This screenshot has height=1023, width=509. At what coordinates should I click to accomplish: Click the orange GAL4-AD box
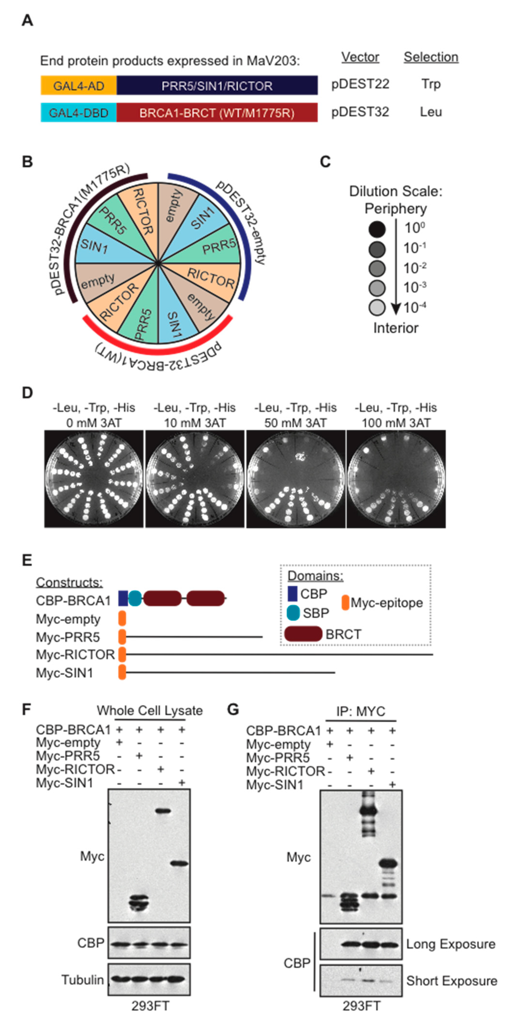pos(79,85)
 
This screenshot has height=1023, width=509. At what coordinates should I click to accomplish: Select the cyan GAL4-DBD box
pos(79,113)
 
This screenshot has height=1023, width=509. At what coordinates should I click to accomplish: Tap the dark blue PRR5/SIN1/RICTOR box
pos(217,85)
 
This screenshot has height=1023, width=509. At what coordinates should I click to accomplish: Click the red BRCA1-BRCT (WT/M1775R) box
pos(217,113)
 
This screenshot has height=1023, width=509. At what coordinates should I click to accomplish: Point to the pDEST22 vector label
pos(360,84)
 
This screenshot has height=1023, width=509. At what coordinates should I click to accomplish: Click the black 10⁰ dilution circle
pos(377,229)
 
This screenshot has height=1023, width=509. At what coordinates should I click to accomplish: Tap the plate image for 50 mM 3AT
pos(296,479)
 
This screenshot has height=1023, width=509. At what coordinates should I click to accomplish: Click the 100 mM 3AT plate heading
pos(396,416)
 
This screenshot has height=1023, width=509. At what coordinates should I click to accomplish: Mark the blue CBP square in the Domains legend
pos(292,593)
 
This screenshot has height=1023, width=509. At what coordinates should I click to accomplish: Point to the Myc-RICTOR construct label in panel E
pos(75,655)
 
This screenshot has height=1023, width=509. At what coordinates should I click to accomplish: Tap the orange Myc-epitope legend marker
pos(345,602)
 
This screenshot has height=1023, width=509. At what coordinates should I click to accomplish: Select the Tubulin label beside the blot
pos(82,980)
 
